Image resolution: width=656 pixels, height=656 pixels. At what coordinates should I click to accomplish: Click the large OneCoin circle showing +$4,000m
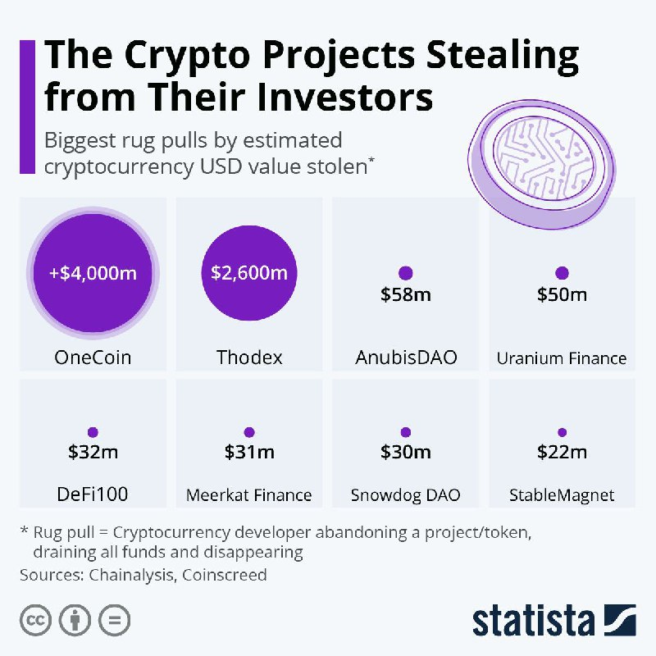92,272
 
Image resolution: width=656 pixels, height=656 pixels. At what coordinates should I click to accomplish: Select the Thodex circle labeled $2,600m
248,272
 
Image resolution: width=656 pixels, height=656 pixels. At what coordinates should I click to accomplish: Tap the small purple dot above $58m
405,273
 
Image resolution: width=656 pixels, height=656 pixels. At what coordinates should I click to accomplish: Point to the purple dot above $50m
562,273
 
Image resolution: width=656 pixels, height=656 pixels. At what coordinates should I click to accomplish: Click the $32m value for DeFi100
92,451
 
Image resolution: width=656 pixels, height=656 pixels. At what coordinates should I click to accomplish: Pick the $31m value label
249,451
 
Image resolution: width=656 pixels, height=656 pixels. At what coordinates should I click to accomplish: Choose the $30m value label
405,451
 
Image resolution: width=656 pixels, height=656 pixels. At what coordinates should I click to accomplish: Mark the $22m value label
562,451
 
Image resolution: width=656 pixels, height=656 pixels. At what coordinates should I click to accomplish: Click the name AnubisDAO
405,358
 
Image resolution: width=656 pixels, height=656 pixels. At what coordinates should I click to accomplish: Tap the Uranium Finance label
562,358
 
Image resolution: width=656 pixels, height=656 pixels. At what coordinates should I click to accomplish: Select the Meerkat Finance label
249,494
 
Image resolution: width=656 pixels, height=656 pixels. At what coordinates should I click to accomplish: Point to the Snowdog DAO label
405,494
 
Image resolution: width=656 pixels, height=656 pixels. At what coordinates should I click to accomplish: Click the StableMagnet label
562,494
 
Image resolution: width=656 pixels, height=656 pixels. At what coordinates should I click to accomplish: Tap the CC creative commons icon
35,620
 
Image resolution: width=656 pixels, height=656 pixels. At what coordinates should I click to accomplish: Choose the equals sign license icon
114,620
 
